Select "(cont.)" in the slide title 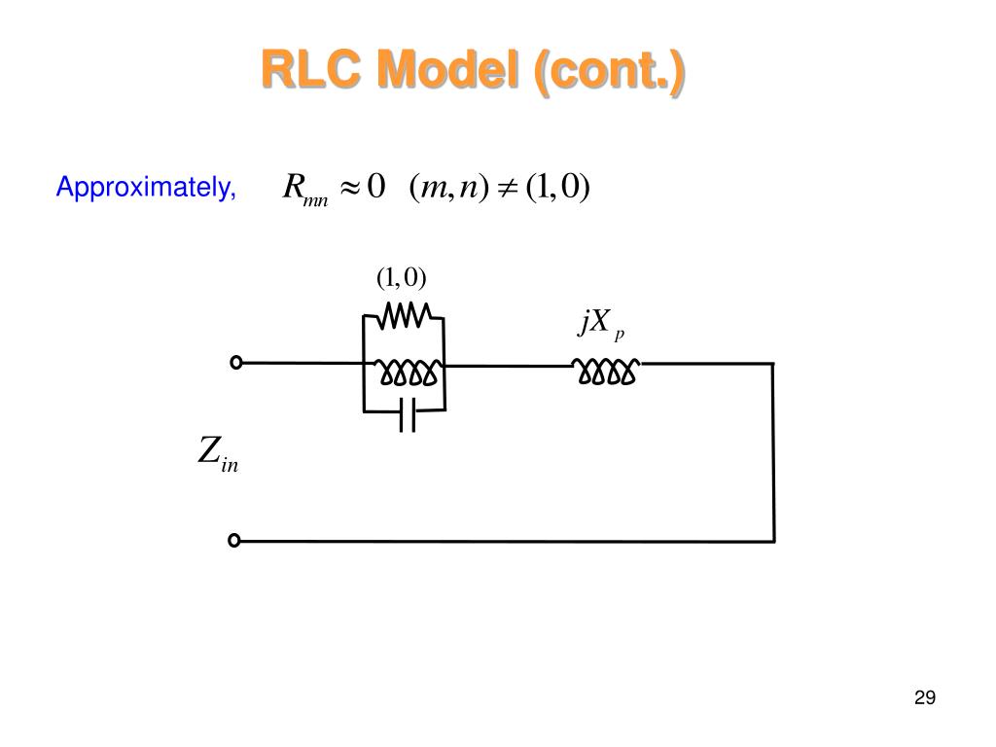click(x=609, y=72)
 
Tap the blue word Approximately click(x=146, y=188)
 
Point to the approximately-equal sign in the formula click(x=350, y=188)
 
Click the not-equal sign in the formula click(x=507, y=188)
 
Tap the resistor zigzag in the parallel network click(x=405, y=315)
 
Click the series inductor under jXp click(x=606, y=372)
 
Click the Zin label click(x=218, y=453)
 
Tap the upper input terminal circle click(x=236, y=362)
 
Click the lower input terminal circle click(x=234, y=540)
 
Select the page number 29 click(x=925, y=697)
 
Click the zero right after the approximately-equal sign click(x=376, y=186)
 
